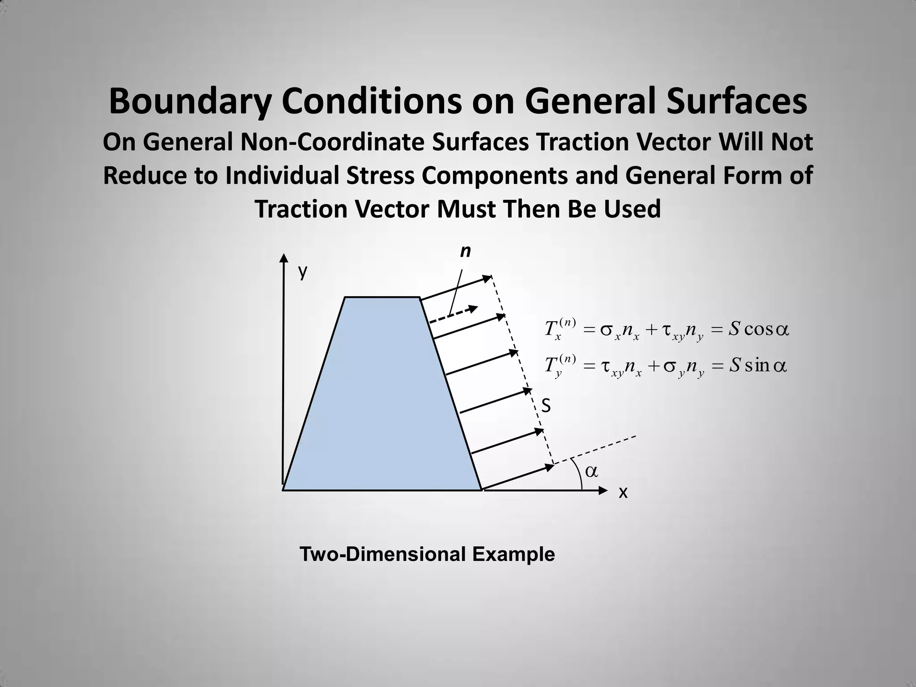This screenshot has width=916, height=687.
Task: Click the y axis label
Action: (303, 271)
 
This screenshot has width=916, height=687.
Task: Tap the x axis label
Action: (623, 493)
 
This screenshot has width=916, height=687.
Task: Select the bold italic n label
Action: (466, 252)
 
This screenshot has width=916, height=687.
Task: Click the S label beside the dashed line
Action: (546, 407)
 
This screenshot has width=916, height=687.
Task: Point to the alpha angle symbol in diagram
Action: (591, 471)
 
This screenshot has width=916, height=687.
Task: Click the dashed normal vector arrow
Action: (453, 315)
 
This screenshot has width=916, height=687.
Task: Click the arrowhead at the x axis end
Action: (603, 491)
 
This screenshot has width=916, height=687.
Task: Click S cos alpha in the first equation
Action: (759, 330)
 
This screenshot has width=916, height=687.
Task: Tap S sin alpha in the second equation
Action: (758, 366)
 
